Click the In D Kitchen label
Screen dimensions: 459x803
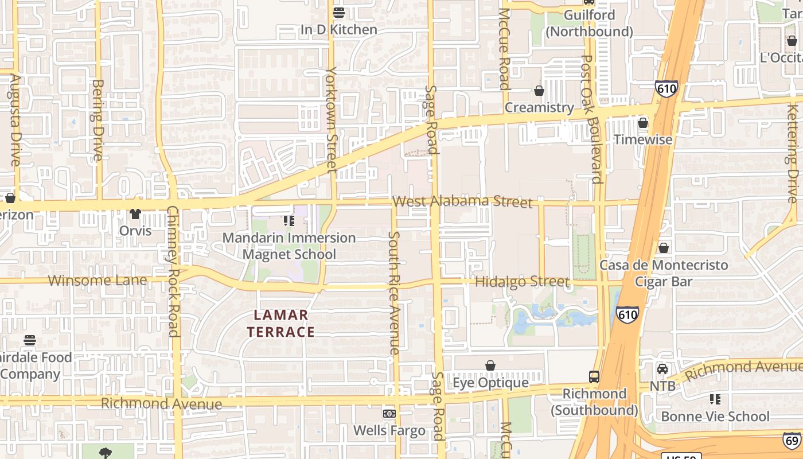339,29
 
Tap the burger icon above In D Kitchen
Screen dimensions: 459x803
339,12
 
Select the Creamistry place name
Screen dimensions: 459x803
539,107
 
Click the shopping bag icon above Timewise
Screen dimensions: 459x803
643,123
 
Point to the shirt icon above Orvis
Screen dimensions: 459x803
135,214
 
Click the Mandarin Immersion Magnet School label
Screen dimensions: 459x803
289,246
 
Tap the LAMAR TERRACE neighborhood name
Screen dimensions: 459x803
281,324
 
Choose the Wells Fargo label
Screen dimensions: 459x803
389,430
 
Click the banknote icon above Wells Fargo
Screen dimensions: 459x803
389,414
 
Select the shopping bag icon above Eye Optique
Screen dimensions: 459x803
490,365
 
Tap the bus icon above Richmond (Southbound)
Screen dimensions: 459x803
594,377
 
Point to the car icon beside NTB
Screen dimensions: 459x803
662,369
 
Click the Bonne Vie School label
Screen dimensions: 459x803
715,416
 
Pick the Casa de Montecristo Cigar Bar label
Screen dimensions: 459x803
664,273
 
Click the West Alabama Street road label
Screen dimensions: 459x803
462,201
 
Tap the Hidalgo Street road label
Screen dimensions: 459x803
522,282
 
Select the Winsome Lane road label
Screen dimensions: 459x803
98,281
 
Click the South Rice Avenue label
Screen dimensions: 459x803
394,293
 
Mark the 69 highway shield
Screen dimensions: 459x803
793,441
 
